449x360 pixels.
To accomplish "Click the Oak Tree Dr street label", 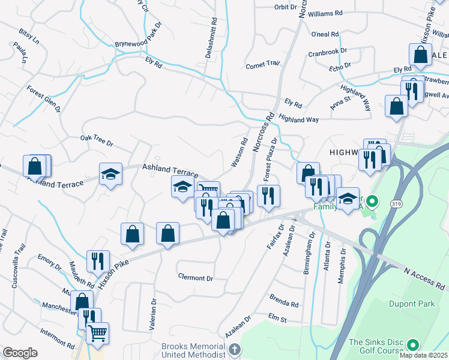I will point(97,141).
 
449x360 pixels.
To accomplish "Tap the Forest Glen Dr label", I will point(44,98).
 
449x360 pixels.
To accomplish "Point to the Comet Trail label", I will point(263,64).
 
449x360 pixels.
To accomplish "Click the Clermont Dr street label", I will point(196,278).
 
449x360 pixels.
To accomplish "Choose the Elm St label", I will point(278,317).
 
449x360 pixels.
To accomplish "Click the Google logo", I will point(20,353).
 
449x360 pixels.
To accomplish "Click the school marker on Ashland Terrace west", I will point(110,174).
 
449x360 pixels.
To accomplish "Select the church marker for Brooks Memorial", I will point(234,349).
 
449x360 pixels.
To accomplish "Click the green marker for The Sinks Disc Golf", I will point(412,345).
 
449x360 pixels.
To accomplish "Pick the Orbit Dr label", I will point(285,7).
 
